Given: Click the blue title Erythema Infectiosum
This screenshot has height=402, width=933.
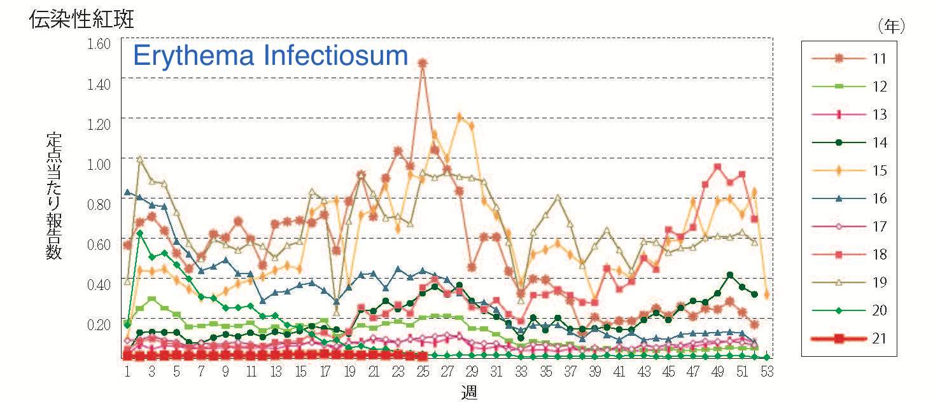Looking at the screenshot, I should pos(270,56).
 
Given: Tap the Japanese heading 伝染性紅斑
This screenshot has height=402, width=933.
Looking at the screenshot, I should pos(81,19).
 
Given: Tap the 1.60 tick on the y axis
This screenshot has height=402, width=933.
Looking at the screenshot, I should pos(100,43).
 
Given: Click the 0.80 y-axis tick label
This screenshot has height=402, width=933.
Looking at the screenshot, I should pos(100,203).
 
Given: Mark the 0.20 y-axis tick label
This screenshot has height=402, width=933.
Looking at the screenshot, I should pos(100,324).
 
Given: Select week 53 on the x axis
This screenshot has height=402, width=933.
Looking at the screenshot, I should pos(767,371).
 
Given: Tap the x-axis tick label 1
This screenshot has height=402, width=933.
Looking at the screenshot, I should pos(127,371).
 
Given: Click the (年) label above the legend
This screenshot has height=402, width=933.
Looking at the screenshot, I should pos(891,26).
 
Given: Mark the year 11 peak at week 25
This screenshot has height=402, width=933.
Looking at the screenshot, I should pos(423,63).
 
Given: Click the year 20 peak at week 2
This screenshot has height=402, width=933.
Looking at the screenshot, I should pos(139,233).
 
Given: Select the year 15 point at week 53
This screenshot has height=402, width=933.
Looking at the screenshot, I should pos(767,295).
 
